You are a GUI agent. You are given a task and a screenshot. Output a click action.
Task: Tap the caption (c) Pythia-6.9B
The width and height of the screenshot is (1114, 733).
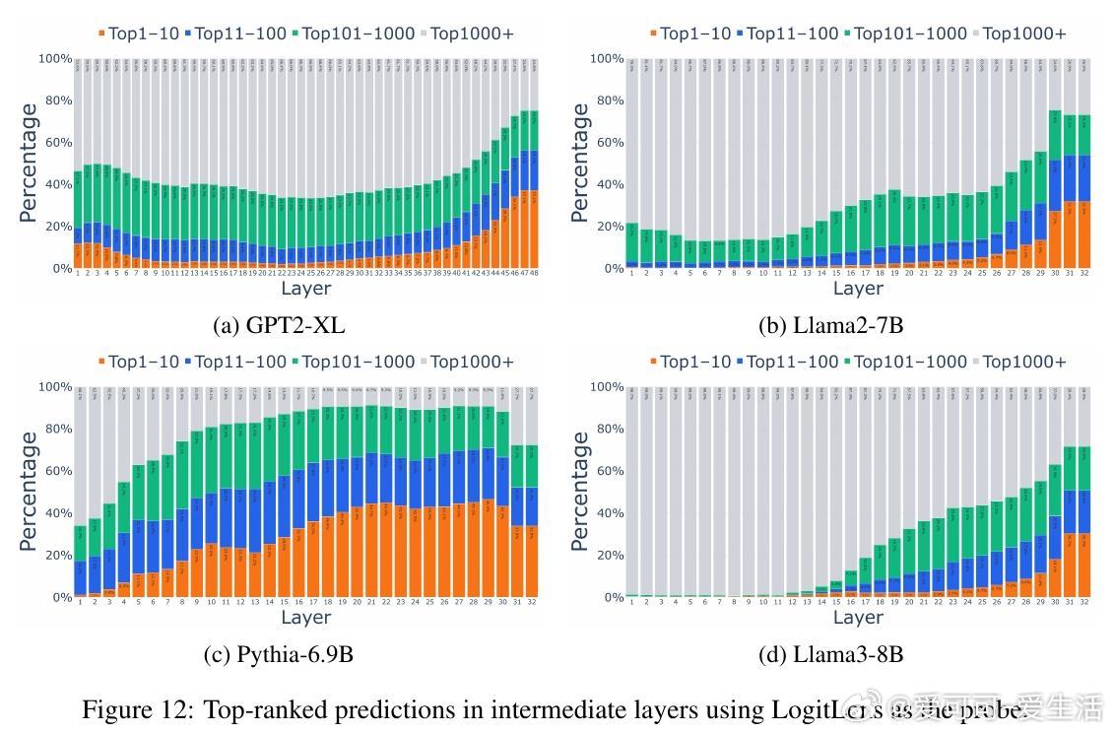(x=279, y=654)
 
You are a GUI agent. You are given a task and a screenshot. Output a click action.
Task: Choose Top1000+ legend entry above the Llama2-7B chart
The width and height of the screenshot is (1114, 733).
(x=1023, y=33)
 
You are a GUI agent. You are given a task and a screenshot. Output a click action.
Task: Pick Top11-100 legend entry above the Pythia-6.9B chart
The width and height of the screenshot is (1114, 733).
(x=239, y=362)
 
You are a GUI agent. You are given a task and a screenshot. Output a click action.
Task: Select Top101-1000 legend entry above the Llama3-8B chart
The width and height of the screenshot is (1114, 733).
(x=910, y=362)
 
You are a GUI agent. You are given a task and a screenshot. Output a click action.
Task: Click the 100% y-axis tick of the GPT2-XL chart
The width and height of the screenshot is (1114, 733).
(x=55, y=59)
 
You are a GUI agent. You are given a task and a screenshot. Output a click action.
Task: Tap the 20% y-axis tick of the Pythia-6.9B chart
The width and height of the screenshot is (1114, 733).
(x=55, y=556)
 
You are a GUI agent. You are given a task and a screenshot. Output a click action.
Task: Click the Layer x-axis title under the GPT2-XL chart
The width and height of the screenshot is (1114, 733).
(x=305, y=289)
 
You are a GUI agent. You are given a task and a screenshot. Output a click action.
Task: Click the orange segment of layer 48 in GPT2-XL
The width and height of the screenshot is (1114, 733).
(x=535, y=230)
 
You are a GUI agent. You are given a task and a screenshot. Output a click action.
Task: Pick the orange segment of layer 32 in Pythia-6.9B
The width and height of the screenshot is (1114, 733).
(x=533, y=562)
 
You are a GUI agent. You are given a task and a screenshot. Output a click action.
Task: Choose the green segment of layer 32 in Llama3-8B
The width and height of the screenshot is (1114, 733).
(x=1084, y=468)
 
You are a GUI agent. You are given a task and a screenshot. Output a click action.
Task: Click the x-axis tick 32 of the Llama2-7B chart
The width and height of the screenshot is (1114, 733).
(x=1084, y=273)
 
